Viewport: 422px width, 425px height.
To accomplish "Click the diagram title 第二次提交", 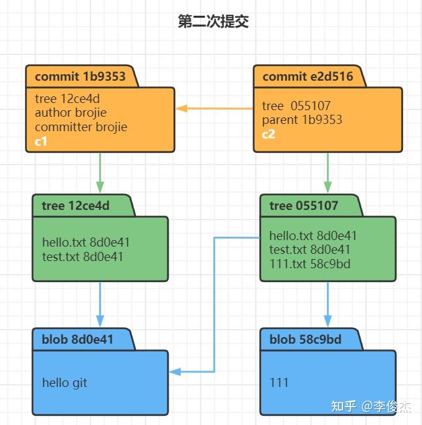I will point(213,22).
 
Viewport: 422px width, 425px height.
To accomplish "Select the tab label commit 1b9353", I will point(80,76).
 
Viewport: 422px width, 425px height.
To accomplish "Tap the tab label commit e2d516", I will point(308,76).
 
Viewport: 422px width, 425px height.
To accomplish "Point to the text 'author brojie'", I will point(70,113).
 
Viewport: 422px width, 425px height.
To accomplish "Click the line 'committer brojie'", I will point(81,127).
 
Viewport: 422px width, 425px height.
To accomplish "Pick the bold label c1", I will point(41,140).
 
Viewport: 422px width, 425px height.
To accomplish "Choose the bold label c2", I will point(269,134).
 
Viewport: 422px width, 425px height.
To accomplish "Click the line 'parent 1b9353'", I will point(302,120).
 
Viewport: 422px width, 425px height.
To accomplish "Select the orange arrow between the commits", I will point(214,108).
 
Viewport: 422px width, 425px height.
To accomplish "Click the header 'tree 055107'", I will point(304,205).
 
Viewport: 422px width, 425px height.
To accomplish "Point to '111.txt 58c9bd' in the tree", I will point(310,264).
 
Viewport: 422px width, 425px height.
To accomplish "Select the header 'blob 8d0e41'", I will point(77,339).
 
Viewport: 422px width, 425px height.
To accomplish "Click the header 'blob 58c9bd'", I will point(305,339).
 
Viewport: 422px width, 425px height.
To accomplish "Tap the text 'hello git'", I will point(64,382).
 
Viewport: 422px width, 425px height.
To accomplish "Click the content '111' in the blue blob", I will point(279,382).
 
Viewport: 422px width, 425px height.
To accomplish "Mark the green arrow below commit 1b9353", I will point(100,172).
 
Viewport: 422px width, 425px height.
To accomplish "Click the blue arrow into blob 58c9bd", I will point(327,304).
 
